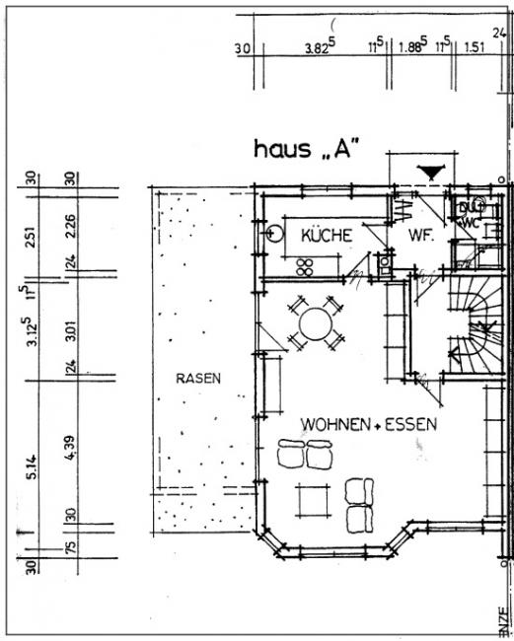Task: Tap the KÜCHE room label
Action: (x=327, y=237)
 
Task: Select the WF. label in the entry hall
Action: (x=422, y=237)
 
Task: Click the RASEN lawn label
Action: (x=198, y=378)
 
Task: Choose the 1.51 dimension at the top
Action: (x=475, y=46)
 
